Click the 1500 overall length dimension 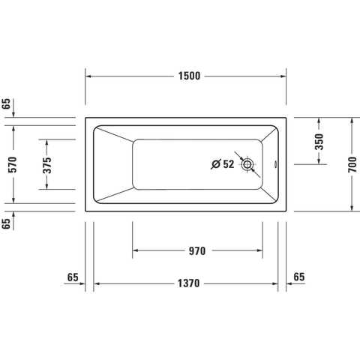(189, 76)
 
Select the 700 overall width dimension (352, 164)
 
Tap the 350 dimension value (319, 142)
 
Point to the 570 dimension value (12, 164)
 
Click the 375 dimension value (46, 165)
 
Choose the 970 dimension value (197, 251)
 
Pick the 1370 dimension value (189, 283)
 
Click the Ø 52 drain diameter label (223, 164)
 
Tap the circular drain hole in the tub (247, 164)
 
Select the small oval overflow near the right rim (276, 164)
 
